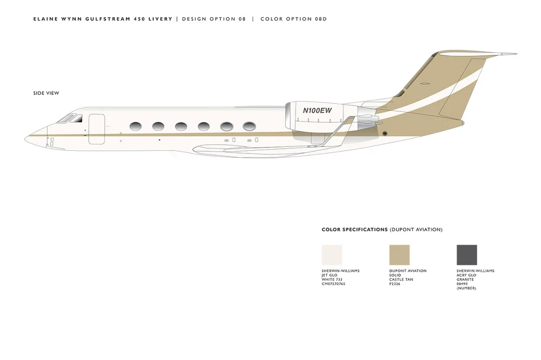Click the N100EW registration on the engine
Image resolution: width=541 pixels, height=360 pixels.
(317, 110)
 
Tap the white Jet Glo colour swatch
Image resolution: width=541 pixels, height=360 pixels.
(332, 255)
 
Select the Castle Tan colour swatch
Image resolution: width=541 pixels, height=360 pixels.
(399, 255)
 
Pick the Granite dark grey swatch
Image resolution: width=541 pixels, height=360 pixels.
(467, 255)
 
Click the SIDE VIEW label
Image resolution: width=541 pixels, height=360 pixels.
(46, 94)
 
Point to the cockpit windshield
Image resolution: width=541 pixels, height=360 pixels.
(67, 117)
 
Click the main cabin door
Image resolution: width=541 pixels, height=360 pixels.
(96, 129)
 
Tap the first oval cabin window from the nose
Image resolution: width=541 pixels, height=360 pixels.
(135, 126)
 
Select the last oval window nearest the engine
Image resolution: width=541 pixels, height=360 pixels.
(249, 126)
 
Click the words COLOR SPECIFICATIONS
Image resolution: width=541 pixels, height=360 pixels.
(354, 230)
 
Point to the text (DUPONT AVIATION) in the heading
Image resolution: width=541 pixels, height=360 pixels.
(416, 230)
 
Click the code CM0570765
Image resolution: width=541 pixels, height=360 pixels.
(333, 284)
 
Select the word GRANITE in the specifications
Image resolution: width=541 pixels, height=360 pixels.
(465, 279)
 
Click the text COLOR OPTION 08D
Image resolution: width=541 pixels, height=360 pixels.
(294, 19)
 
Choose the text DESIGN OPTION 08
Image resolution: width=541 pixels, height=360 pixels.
(214, 19)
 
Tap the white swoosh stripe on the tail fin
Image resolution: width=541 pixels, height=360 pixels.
(454, 91)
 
